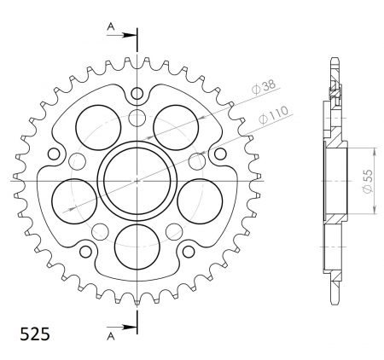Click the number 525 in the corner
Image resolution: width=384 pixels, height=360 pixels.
tap(32, 333)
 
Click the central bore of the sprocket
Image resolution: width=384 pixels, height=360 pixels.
tap(137, 180)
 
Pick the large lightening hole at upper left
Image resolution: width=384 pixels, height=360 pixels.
tap(96, 125)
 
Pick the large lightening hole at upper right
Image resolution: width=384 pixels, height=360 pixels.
tap(175, 125)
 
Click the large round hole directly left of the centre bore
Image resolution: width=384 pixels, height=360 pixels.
tap(74, 197)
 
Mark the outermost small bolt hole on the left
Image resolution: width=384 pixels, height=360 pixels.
tap(56, 154)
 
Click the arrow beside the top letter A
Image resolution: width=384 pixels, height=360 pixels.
tap(126, 36)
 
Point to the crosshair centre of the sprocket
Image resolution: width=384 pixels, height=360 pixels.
tap(137, 180)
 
